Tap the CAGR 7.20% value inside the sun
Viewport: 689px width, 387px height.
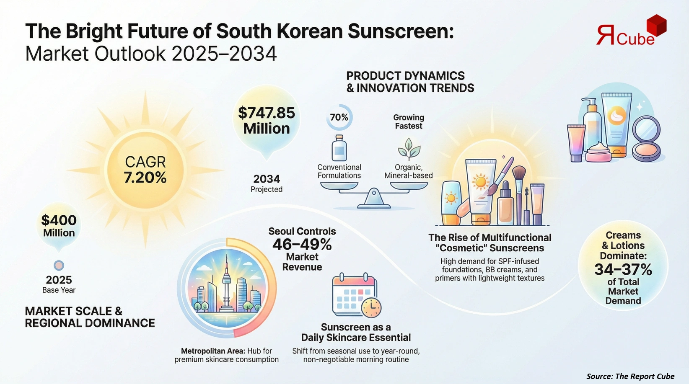[145, 170]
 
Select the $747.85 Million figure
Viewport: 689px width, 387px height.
[267, 121]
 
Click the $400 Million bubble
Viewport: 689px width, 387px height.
[59, 226]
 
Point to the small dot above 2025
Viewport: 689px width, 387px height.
[59, 265]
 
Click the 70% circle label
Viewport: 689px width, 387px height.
[339, 117]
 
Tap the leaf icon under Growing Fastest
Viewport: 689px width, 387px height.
[409, 150]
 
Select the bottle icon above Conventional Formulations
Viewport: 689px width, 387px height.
[339, 148]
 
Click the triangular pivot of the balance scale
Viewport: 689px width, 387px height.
[374, 198]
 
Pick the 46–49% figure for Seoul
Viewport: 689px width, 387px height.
[302, 244]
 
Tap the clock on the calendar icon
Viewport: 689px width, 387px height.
[371, 308]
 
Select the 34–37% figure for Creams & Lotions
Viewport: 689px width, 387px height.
[623, 269]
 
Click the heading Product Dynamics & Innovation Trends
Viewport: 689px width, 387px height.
[410, 82]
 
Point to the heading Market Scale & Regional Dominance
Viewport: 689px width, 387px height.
[90, 317]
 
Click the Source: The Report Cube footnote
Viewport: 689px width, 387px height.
[630, 376]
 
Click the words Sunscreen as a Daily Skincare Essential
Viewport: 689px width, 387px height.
[356, 333]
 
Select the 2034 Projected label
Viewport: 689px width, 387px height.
[267, 183]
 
